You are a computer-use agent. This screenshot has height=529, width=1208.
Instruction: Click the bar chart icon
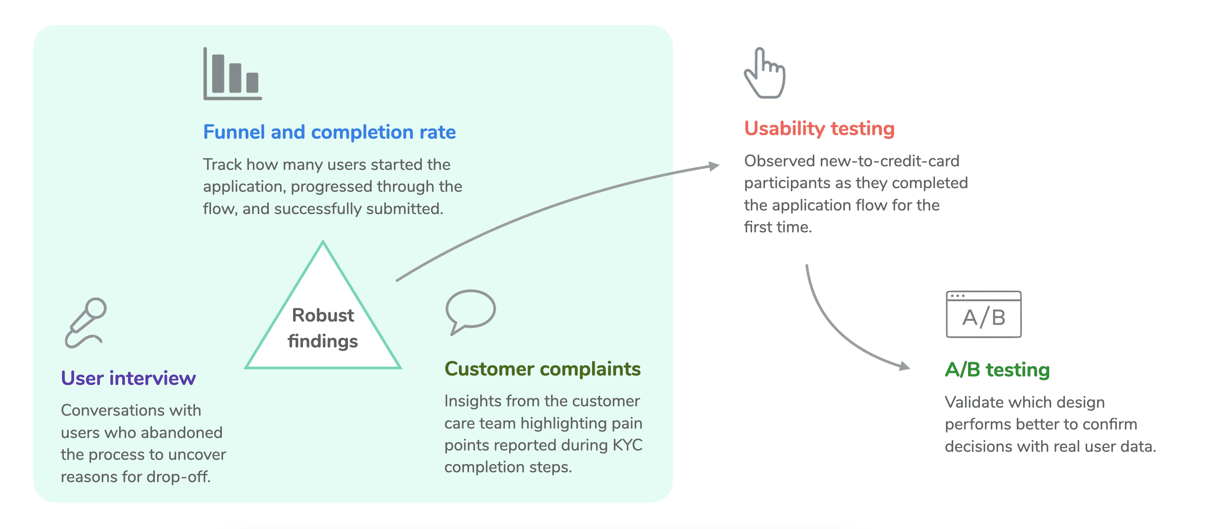[232, 74]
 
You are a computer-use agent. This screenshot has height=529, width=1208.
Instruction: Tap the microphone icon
[86, 322]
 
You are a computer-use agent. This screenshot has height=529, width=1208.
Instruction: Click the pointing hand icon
[765, 73]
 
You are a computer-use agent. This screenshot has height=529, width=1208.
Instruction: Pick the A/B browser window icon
[983, 314]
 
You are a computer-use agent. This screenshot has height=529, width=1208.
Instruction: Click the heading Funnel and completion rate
[329, 132]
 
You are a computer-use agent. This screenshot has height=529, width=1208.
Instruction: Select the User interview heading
[128, 378]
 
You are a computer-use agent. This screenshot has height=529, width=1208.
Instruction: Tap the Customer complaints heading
[542, 369]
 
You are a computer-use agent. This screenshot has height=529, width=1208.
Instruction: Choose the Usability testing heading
[819, 129]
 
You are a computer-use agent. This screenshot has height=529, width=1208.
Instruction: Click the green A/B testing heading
[997, 370]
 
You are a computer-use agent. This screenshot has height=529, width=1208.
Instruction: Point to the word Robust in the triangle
[323, 315]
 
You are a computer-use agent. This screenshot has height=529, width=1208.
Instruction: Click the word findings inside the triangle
[323, 341]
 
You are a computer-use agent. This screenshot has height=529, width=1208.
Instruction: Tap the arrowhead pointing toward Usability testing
[714, 166]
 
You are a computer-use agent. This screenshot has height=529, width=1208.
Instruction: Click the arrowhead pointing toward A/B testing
[905, 366]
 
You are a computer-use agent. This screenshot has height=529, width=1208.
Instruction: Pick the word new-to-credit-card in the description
[889, 161]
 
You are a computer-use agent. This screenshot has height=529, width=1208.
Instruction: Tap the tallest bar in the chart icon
[218, 74]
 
